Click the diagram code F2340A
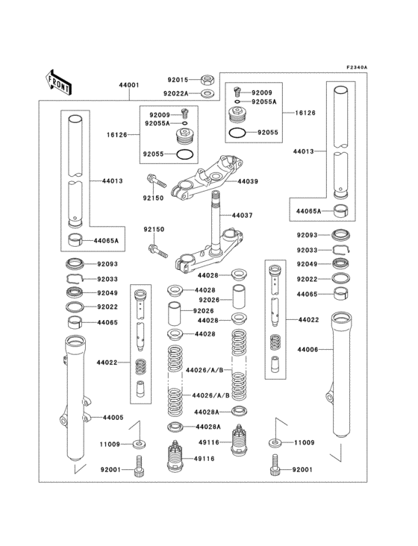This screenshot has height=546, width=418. [357, 67]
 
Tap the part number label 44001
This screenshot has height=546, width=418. [128, 86]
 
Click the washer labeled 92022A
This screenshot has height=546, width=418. [209, 93]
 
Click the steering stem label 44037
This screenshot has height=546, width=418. [243, 215]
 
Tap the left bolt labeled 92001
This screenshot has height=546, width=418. [138, 471]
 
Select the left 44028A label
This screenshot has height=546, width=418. [206, 427]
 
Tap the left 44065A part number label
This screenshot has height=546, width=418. [106, 242]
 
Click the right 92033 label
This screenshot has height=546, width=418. [307, 250]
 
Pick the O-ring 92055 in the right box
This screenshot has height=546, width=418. [237, 133]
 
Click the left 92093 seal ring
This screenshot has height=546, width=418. [75, 263]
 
